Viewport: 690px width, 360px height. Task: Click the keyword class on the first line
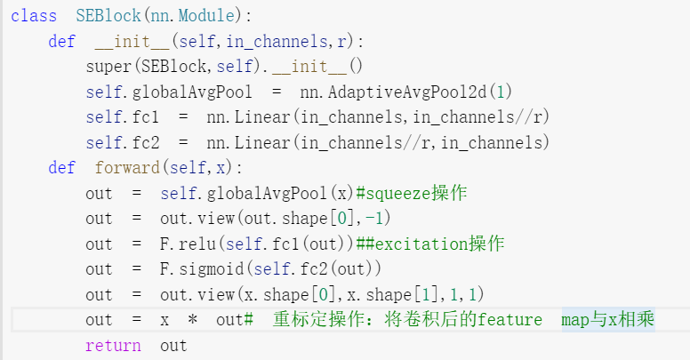pyautogui.click(x=34, y=16)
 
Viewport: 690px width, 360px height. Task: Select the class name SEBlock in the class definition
pyautogui.click(x=91, y=16)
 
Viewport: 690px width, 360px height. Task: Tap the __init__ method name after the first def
pyautogui.click(x=132, y=41)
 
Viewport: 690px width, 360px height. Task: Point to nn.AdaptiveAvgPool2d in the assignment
pyautogui.click(x=397, y=92)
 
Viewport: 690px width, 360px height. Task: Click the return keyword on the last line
pyautogui.click(x=113, y=346)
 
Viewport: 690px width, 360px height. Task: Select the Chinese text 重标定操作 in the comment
pyautogui.click(x=314, y=320)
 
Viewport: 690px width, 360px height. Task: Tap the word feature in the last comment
pyautogui.click(x=509, y=320)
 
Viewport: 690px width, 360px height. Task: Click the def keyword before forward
pyautogui.click(x=62, y=167)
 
